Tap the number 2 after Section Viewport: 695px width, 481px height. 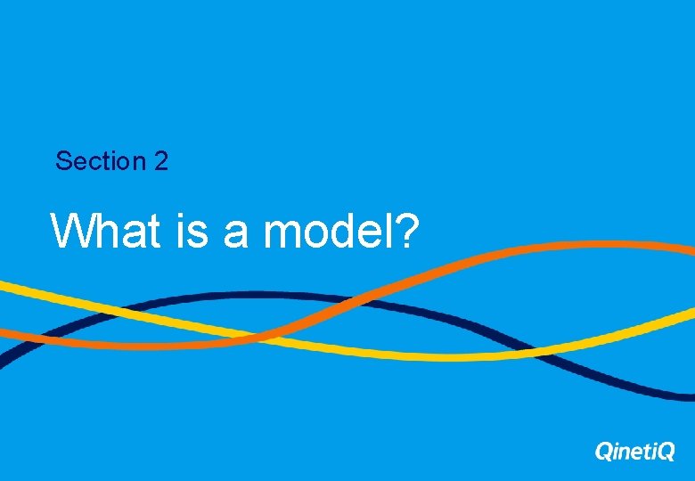pos(160,161)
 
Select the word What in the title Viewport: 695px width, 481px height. pos(106,231)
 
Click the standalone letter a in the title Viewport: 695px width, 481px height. pos(235,233)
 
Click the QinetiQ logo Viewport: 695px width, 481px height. pos(634,452)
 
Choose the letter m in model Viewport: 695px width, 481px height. pos(282,233)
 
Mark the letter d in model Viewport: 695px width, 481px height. pos(339,231)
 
